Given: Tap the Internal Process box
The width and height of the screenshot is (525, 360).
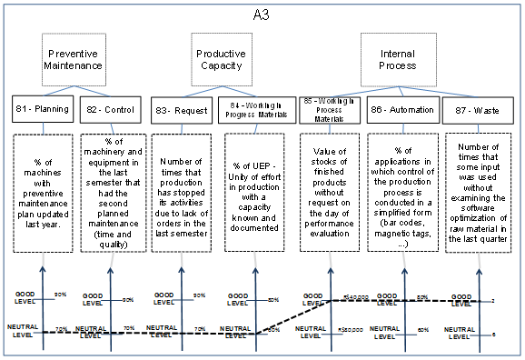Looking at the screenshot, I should coord(397,60).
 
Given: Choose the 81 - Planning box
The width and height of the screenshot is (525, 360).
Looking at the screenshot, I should coord(42,109).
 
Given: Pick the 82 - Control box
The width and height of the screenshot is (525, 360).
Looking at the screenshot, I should coord(107,109).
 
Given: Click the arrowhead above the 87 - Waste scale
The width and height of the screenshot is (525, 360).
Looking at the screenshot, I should coord(478,265).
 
